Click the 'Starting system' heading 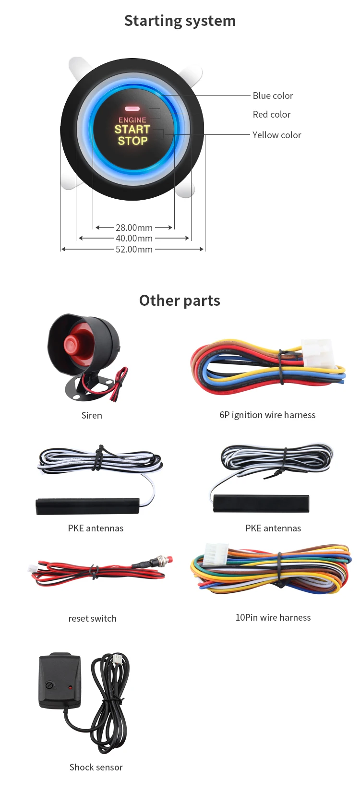180,21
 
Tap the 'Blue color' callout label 273,96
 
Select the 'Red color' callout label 272,114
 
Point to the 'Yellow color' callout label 276,135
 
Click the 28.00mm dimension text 134,228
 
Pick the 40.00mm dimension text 134,238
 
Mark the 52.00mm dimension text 134,249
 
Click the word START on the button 132,130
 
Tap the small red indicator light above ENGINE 132,109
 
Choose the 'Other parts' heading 180,300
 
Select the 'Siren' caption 92,415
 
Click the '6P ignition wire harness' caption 267,415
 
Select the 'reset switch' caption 92,618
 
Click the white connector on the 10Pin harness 216,555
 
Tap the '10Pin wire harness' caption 273,617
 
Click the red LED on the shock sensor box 70,688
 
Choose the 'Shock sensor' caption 96,767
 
